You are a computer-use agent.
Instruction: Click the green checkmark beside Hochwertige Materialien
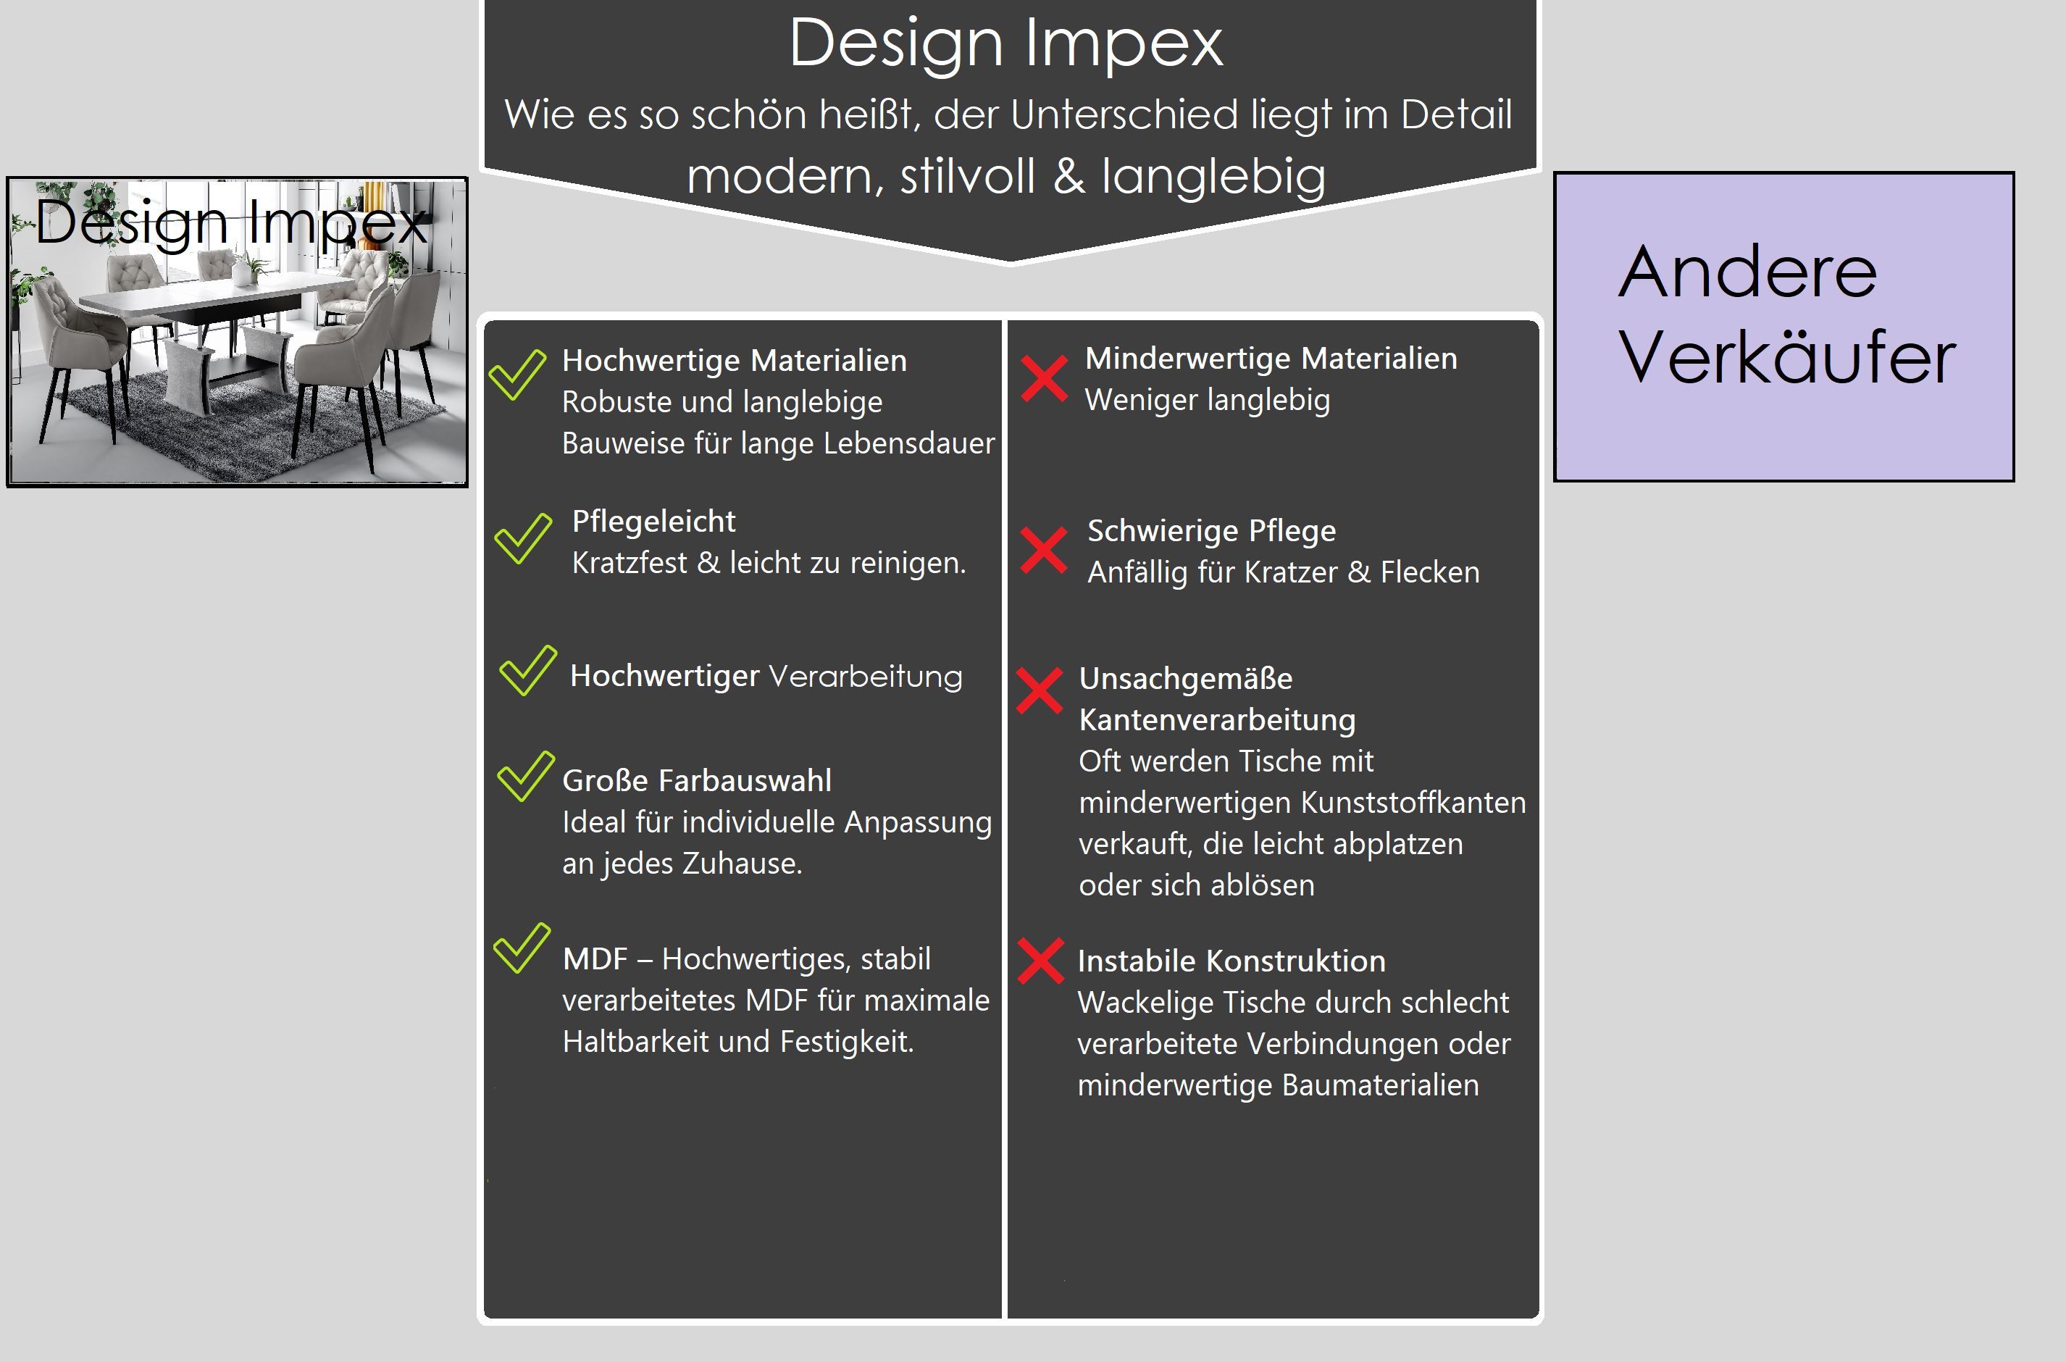[516, 375]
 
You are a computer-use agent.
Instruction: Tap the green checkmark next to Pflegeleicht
[523, 538]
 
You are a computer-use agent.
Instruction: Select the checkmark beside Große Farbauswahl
[525, 777]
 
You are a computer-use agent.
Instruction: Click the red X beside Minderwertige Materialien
[1044, 379]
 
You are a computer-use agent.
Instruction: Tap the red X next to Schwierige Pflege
[1043, 550]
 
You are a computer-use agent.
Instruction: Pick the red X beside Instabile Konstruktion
[1040, 961]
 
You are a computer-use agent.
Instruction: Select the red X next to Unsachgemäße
[1040, 690]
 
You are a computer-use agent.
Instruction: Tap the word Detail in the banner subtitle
[1456, 114]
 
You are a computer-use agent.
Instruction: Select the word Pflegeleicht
[653, 521]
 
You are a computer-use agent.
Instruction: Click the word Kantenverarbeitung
[1217, 720]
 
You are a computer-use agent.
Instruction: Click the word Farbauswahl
[744, 780]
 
